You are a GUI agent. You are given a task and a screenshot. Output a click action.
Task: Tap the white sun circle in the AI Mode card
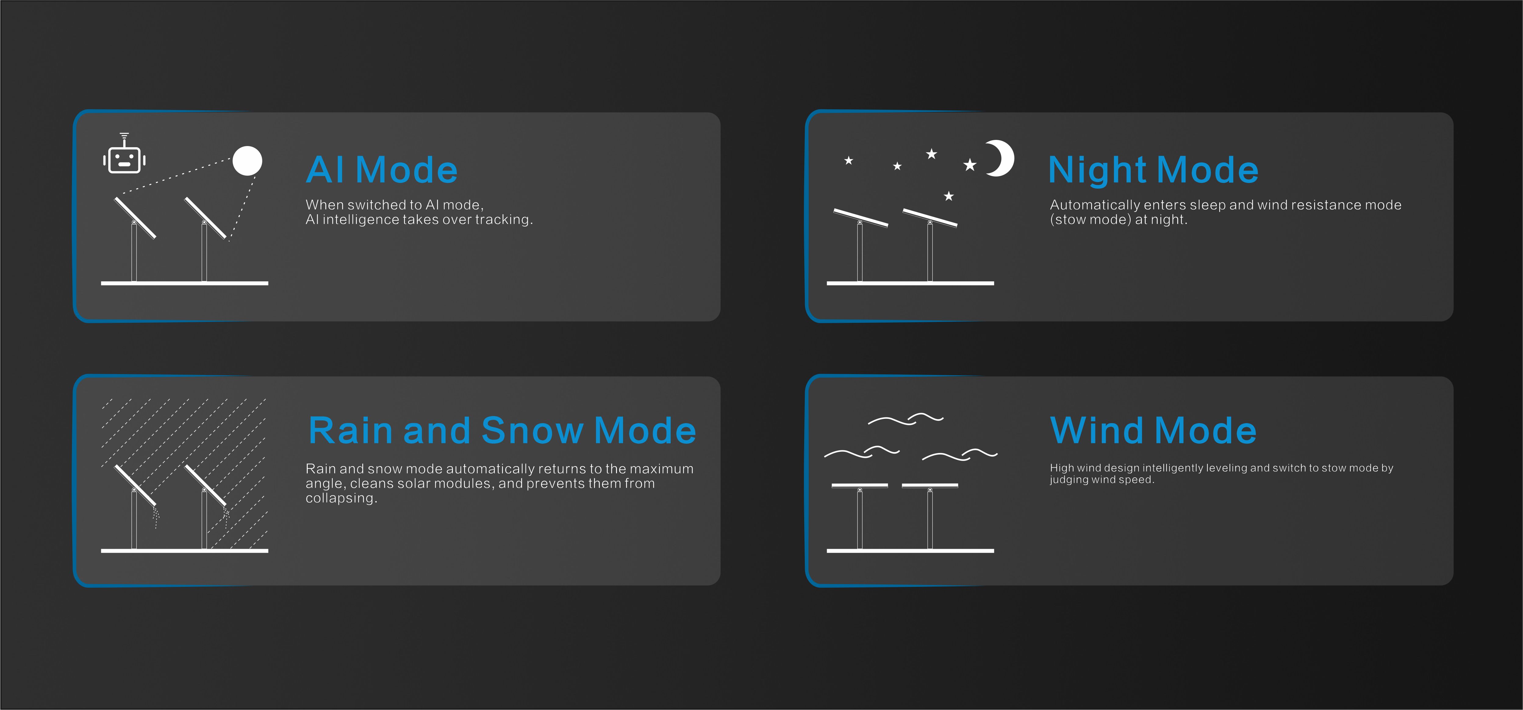[x=247, y=161]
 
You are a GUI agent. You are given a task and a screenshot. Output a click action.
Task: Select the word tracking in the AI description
[x=504, y=220]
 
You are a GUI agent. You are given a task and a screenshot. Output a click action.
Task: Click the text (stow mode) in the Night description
[x=1090, y=220]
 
